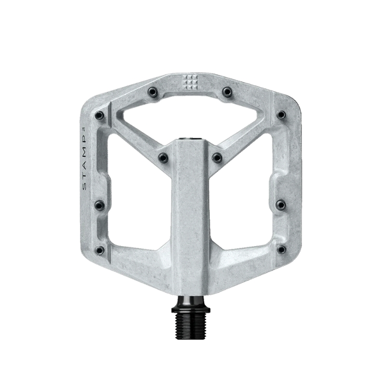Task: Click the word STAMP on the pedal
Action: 85,166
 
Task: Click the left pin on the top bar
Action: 153,92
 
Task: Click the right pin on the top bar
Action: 227,92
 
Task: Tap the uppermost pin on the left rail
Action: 99,115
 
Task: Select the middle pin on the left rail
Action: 99,206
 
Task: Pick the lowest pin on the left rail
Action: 99,250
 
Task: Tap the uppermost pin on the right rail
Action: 281,115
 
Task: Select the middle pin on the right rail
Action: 281,205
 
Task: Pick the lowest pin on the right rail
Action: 281,249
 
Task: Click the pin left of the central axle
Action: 164,157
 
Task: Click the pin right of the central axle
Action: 217,157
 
